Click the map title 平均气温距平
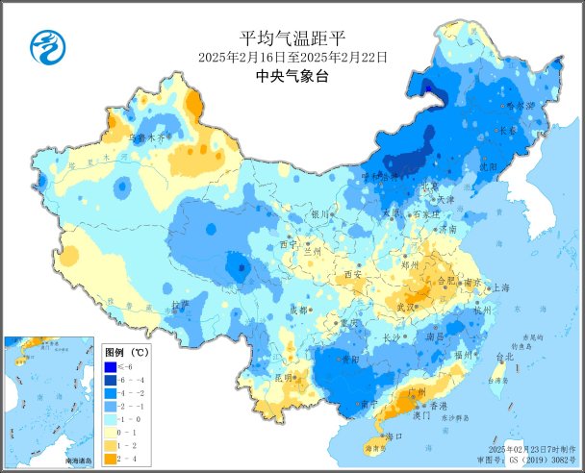coord(292,37)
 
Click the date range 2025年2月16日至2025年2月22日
coord(292,57)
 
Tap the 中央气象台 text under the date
coord(292,76)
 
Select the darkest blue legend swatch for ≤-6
coord(112,366)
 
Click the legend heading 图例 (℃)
coord(125,352)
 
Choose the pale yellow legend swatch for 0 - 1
coord(112,434)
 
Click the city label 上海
coord(500,287)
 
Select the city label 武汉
coord(421,307)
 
